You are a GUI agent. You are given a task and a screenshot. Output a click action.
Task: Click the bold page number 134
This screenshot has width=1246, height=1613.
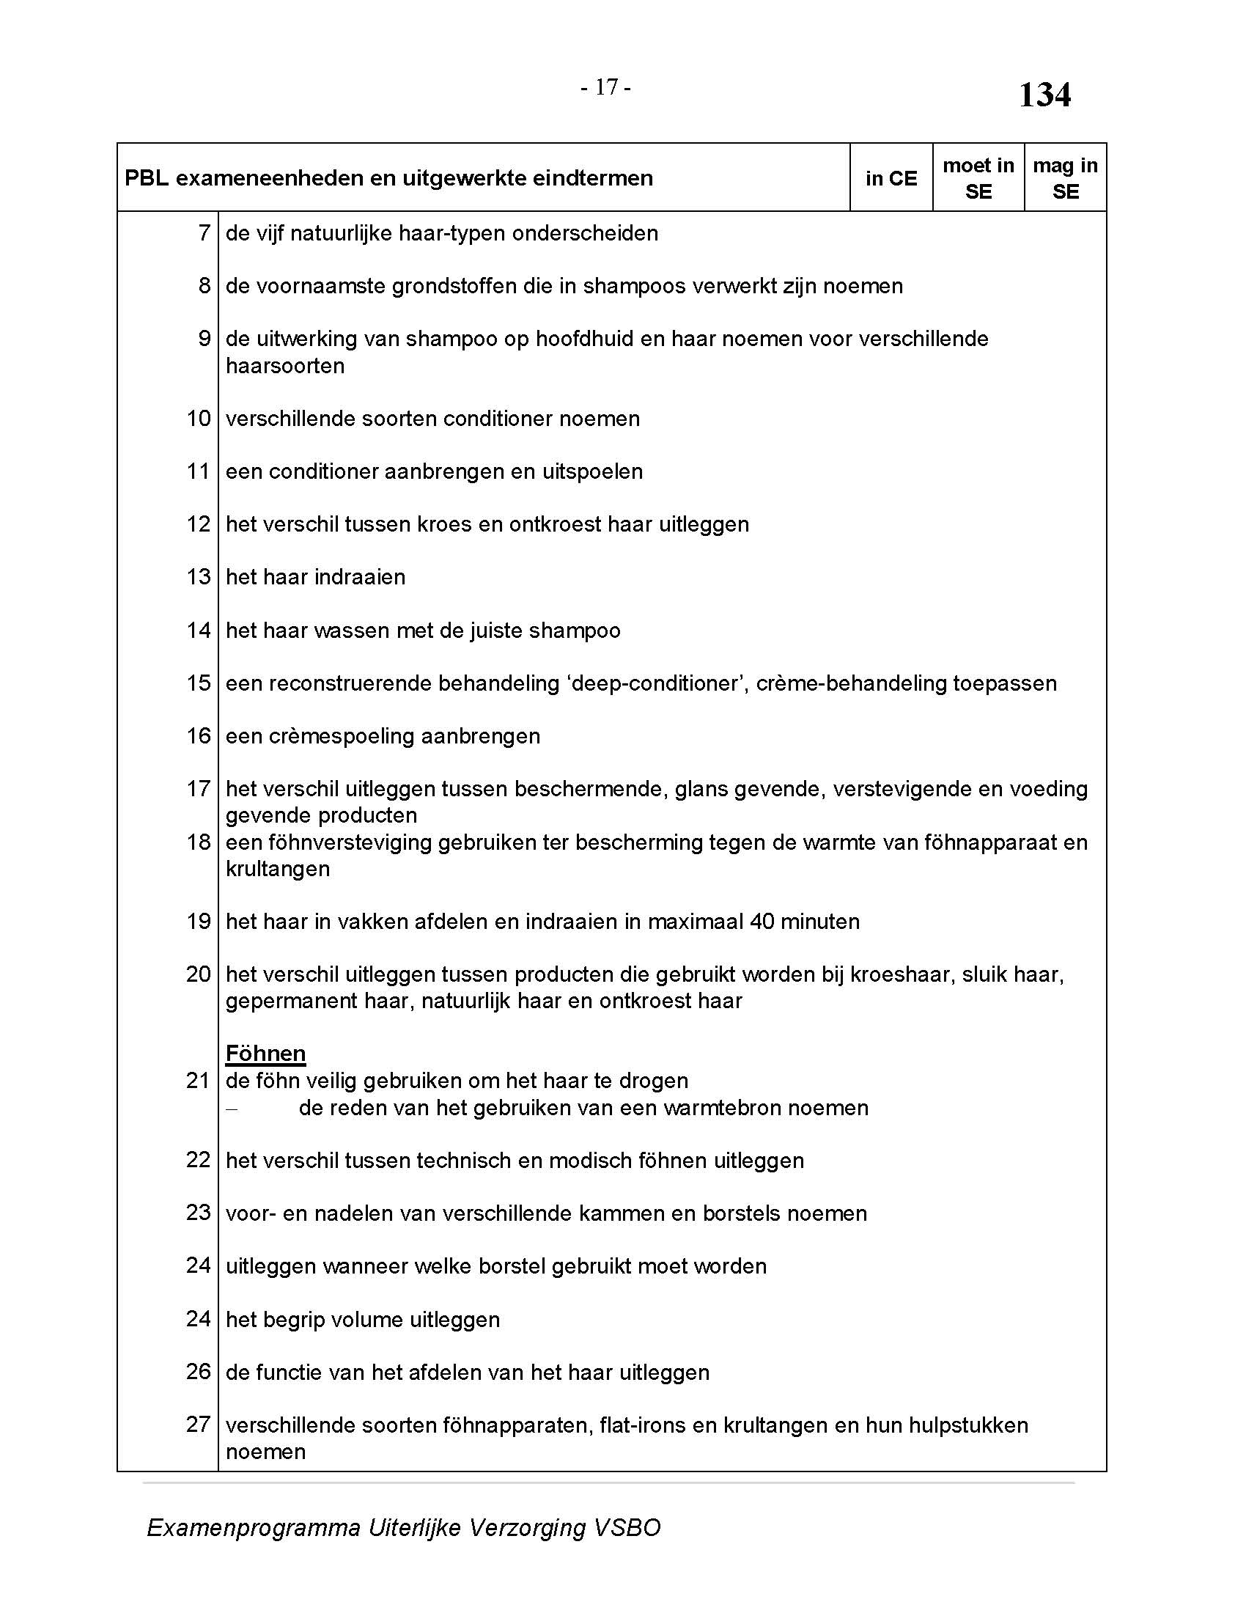point(1044,95)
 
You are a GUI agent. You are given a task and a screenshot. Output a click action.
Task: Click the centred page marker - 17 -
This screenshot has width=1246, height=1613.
point(605,87)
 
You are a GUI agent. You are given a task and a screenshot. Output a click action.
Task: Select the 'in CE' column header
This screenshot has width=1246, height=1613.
point(891,178)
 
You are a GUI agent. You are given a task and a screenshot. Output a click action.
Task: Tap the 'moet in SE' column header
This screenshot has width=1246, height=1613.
point(978,178)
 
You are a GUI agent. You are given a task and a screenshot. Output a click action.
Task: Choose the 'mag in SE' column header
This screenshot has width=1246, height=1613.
point(1065,178)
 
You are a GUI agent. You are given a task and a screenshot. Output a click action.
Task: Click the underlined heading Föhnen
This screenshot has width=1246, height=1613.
point(266,1053)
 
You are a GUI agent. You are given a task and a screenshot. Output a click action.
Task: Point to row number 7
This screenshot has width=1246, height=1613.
point(204,233)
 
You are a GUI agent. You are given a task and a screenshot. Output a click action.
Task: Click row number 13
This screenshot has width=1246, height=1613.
point(199,577)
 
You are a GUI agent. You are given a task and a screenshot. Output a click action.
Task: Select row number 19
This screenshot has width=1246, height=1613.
point(199,921)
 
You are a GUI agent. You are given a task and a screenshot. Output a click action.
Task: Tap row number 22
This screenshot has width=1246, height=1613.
point(199,1160)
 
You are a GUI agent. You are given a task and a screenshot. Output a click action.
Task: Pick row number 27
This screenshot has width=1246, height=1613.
point(199,1424)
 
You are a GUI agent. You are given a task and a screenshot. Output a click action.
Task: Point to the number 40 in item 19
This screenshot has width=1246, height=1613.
point(762,921)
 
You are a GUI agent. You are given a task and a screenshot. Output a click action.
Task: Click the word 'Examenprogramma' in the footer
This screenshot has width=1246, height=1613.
point(253,1527)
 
